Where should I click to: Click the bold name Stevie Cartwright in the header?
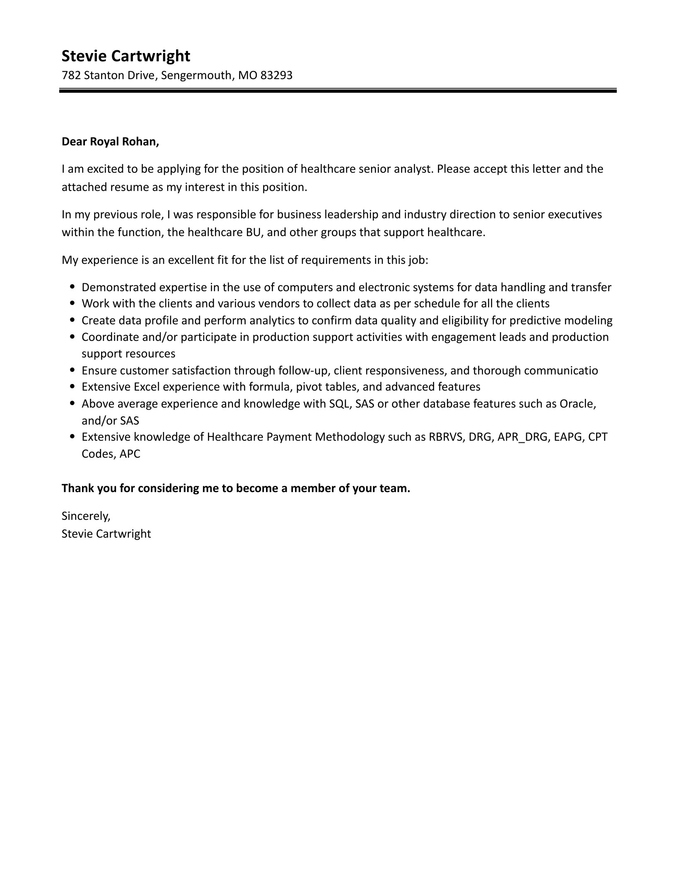(x=126, y=56)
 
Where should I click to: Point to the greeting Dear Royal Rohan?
(x=110, y=142)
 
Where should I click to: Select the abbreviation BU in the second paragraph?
(x=253, y=232)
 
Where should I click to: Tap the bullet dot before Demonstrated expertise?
(x=73, y=287)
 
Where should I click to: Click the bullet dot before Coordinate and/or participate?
(x=73, y=337)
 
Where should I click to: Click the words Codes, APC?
(x=111, y=454)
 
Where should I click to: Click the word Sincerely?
(x=86, y=516)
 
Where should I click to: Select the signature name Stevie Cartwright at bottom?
(x=106, y=533)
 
